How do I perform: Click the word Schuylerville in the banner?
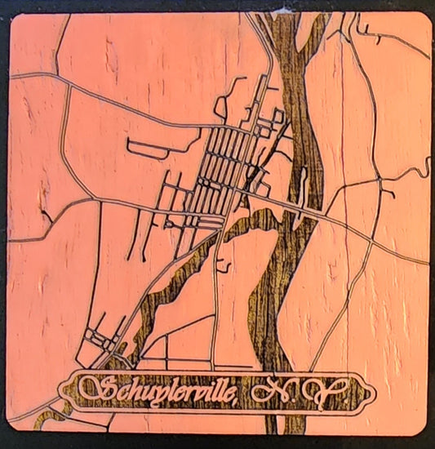coord(163,392)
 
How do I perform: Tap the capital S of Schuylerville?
coord(96,390)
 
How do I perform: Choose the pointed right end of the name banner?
coord(370,393)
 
